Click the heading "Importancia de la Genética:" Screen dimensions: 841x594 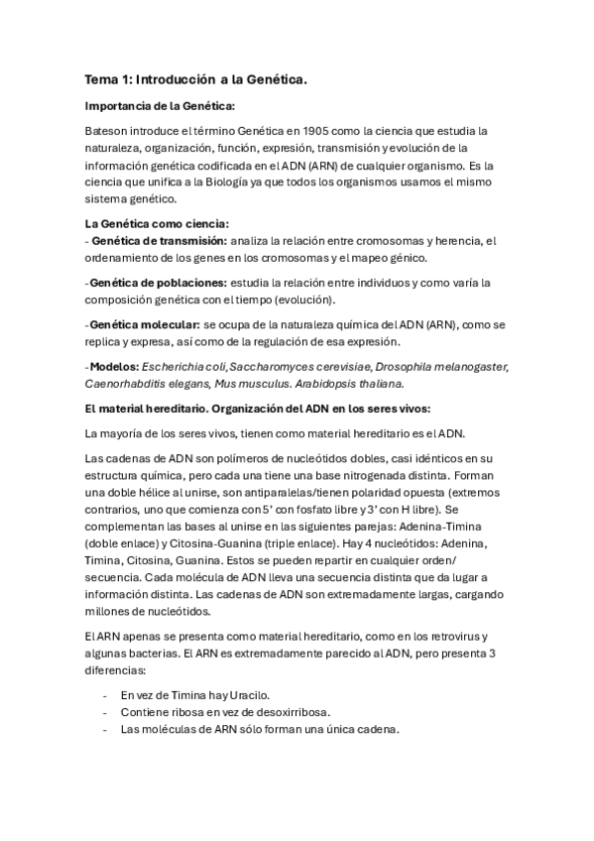[x=160, y=106]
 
